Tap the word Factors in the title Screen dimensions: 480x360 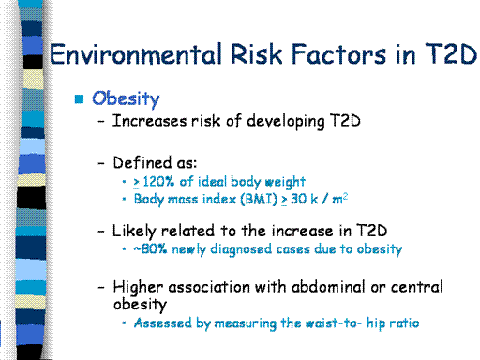point(338,53)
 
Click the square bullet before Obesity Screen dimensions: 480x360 point(80,98)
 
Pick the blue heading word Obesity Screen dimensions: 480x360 point(126,99)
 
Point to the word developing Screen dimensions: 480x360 point(286,121)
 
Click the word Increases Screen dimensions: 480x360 point(149,121)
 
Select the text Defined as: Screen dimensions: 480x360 point(155,162)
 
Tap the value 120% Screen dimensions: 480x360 point(158,181)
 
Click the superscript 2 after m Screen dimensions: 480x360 point(345,196)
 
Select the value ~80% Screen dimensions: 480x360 point(150,249)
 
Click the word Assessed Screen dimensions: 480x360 point(162,322)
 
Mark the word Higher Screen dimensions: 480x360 point(138,287)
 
